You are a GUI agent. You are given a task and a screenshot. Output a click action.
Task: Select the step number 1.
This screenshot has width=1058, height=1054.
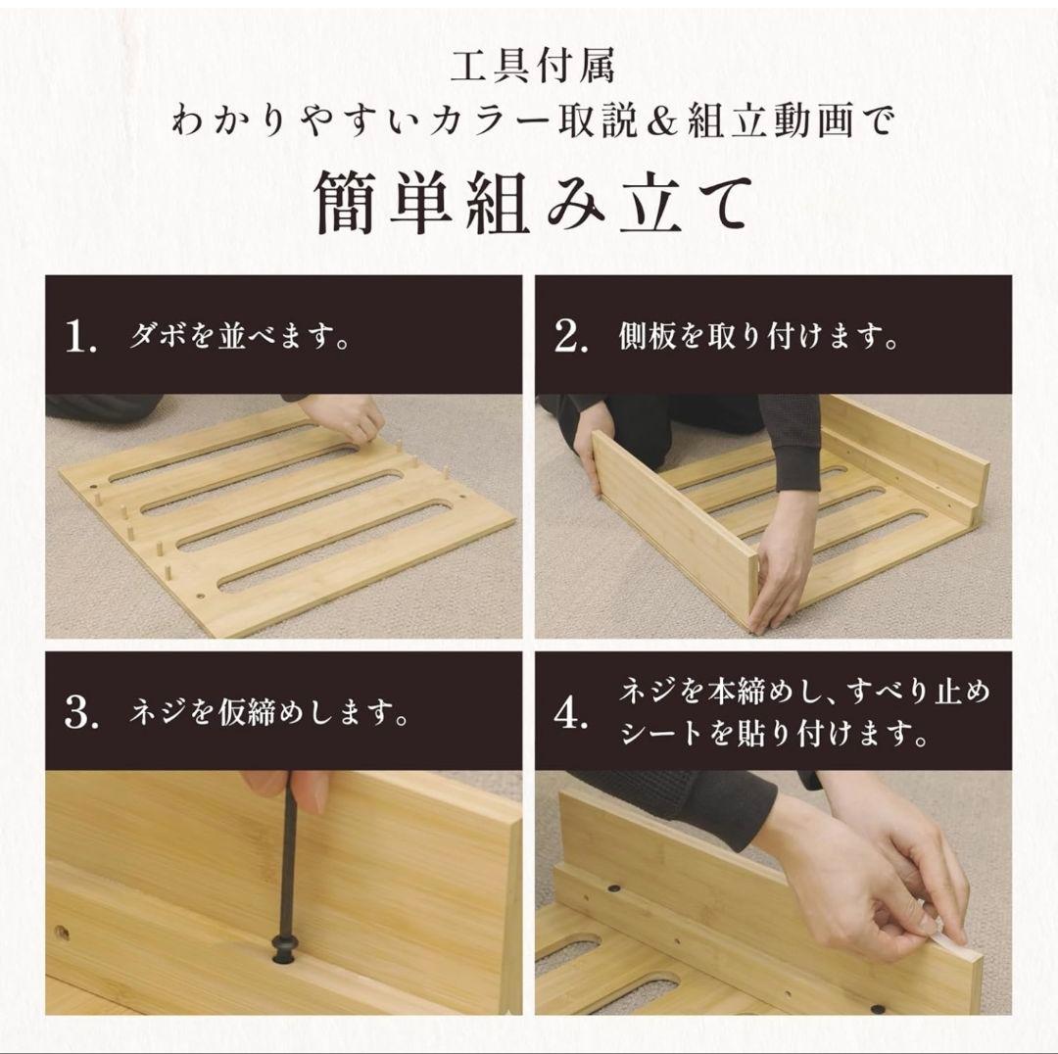(x=80, y=339)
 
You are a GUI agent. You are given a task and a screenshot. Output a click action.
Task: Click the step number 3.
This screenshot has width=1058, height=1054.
(x=81, y=713)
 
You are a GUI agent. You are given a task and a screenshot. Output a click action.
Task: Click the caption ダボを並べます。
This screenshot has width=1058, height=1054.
(x=240, y=339)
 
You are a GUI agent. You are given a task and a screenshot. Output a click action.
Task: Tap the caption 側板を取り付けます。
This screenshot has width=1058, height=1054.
(x=759, y=338)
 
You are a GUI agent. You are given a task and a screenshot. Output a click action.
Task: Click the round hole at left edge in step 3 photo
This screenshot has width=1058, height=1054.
(x=62, y=934)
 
